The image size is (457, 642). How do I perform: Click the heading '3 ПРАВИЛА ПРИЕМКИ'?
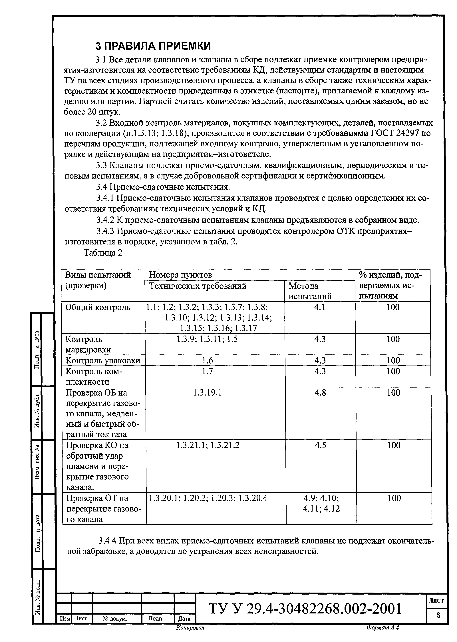point(153,46)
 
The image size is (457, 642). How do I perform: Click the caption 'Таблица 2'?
point(103,253)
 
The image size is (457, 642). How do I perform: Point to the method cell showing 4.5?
point(321,445)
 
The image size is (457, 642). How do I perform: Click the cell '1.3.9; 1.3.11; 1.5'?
point(207,339)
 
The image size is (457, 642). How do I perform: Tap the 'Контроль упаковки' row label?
point(103,361)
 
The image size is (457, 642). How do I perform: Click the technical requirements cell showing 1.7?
point(207,371)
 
